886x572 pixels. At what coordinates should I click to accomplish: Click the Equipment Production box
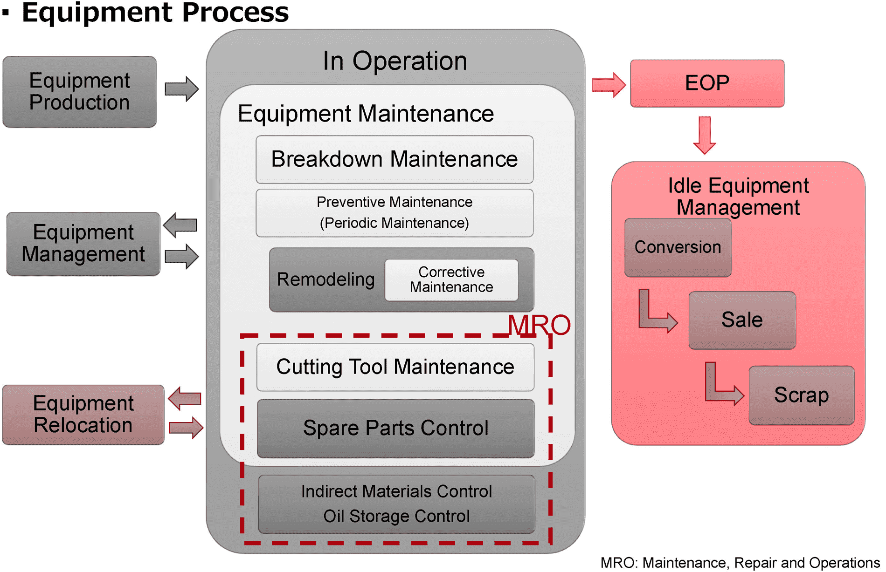pyautogui.click(x=80, y=92)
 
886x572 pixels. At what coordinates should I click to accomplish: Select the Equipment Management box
pyautogui.click(x=83, y=244)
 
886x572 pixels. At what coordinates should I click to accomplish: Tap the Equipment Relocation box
pyautogui.click(x=83, y=414)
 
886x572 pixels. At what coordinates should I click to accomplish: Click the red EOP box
pyautogui.click(x=707, y=83)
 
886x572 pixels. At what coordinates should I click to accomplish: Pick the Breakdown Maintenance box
pyautogui.click(x=395, y=159)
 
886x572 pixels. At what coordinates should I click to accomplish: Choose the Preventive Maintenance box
pyautogui.click(x=395, y=213)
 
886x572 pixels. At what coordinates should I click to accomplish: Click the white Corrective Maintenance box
pyautogui.click(x=451, y=279)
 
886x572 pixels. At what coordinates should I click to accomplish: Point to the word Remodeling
pyautogui.click(x=325, y=279)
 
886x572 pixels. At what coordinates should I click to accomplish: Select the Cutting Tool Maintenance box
pyautogui.click(x=395, y=367)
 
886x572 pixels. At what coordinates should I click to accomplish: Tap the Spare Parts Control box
pyautogui.click(x=395, y=428)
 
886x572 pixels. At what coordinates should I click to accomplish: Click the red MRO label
pyautogui.click(x=539, y=325)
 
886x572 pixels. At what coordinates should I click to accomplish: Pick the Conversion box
pyautogui.click(x=678, y=247)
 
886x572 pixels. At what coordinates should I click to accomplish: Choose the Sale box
pyautogui.click(x=742, y=320)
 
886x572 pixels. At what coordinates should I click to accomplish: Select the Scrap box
pyautogui.click(x=801, y=395)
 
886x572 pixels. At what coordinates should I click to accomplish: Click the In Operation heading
pyautogui.click(x=395, y=61)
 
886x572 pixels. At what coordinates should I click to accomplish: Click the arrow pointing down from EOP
pyautogui.click(x=705, y=135)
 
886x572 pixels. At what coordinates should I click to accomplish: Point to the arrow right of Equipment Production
pyautogui.click(x=182, y=89)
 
